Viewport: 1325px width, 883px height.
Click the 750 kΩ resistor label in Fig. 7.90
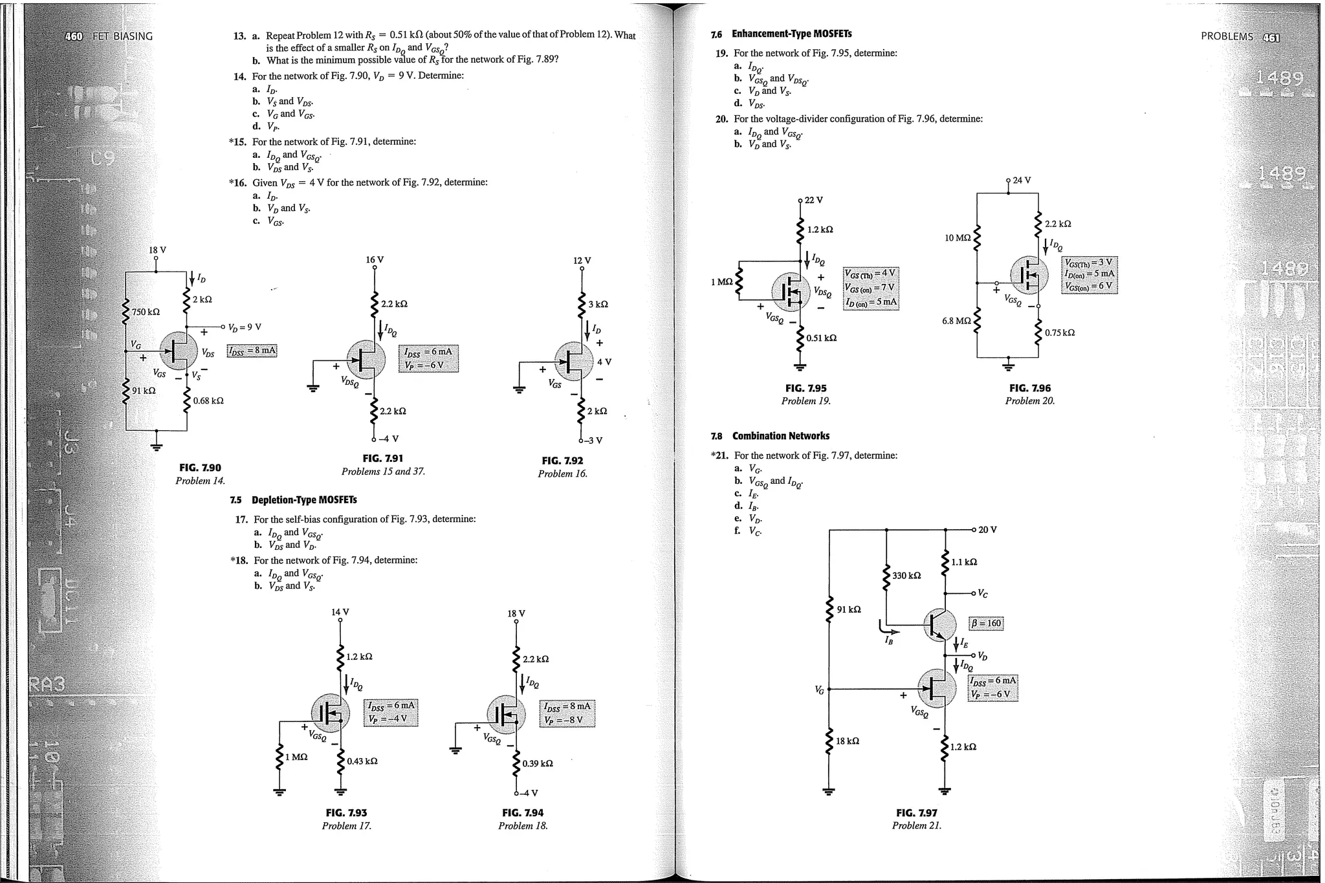pyautogui.click(x=146, y=312)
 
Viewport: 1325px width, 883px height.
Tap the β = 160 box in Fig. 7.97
pyautogui.click(x=986, y=624)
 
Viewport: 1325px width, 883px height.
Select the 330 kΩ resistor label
pyautogui.click(x=906, y=576)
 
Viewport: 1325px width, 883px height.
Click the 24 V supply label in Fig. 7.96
pyautogui.click(x=1022, y=180)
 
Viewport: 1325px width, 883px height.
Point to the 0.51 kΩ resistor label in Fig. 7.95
pyautogui.click(x=821, y=338)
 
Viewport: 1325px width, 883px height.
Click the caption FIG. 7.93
pyautogui.click(x=346, y=812)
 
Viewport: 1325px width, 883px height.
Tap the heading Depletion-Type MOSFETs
pyautogui.click(x=304, y=500)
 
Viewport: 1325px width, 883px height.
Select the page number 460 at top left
pyautogui.click(x=74, y=36)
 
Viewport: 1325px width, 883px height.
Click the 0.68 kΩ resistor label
pyautogui.click(x=208, y=401)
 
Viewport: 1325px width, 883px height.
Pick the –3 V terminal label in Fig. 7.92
pyautogui.click(x=594, y=441)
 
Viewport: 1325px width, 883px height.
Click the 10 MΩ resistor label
pyautogui.click(x=958, y=238)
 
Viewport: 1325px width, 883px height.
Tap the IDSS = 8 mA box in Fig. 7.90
pyautogui.click(x=252, y=351)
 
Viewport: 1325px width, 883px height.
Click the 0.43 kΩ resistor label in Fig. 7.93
pyautogui.click(x=362, y=761)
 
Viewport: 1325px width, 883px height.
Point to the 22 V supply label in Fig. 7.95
pyautogui.click(x=813, y=200)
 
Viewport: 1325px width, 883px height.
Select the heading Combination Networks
pyautogui.click(x=780, y=436)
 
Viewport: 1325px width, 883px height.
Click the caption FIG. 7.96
pyautogui.click(x=1030, y=388)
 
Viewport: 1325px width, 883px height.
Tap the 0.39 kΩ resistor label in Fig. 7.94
pyautogui.click(x=538, y=763)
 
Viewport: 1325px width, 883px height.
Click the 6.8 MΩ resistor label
pyautogui.click(x=956, y=321)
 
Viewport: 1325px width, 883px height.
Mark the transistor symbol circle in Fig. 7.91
pyautogui.click(x=366, y=359)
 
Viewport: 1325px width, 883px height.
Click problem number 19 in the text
pyautogui.click(x=721, y=54)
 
